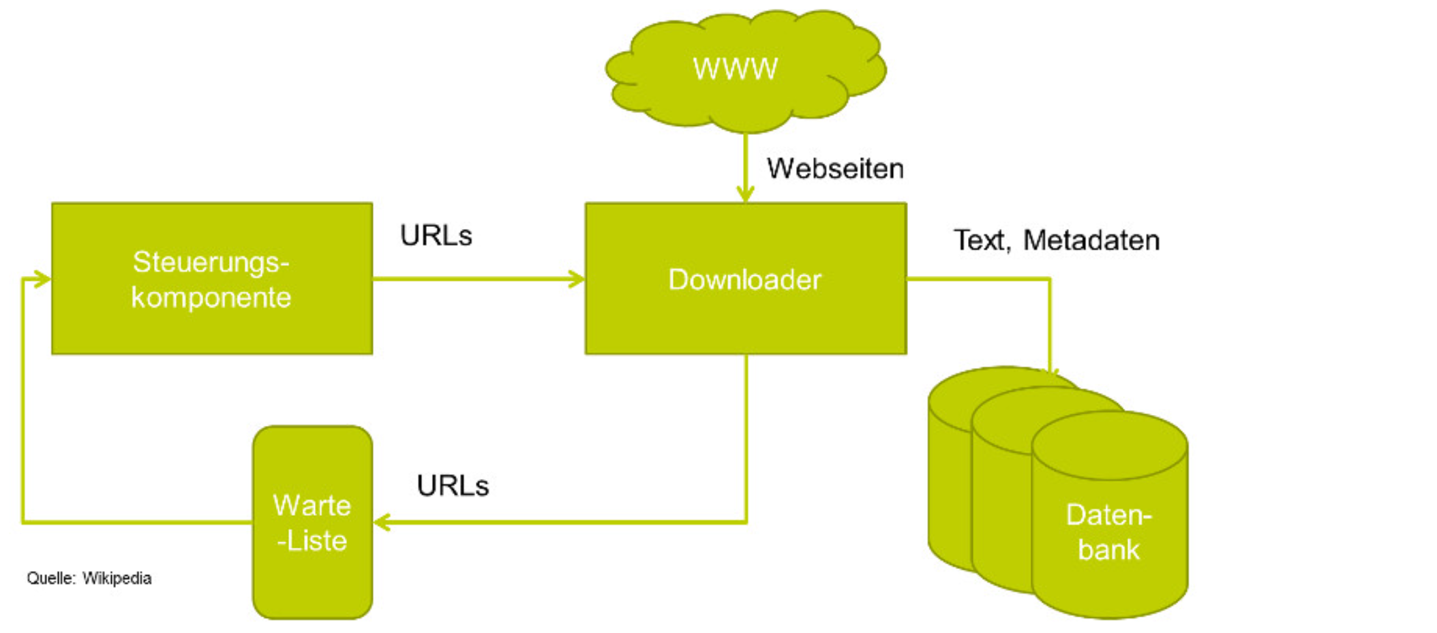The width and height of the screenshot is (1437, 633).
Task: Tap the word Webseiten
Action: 835,168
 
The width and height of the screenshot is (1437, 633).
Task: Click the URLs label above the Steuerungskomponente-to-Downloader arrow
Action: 436,236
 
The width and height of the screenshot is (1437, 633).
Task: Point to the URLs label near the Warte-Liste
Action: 453,486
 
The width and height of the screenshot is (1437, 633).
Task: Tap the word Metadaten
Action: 1091,240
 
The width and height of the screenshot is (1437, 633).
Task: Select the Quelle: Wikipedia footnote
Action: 89,578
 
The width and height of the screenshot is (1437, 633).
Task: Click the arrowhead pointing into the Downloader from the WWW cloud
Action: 746,194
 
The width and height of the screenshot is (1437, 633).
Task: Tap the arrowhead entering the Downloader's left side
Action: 577,279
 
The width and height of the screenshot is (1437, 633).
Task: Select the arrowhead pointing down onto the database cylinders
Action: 1050,371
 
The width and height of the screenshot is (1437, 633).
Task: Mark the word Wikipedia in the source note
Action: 117,578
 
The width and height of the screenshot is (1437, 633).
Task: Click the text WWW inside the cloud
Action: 735,69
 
